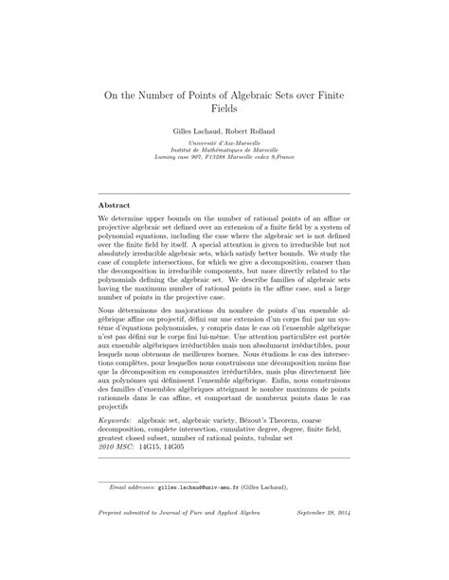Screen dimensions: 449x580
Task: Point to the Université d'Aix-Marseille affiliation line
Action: (224, 145)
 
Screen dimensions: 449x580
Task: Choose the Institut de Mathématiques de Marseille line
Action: (224, 152)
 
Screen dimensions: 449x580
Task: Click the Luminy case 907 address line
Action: (224, 160)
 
